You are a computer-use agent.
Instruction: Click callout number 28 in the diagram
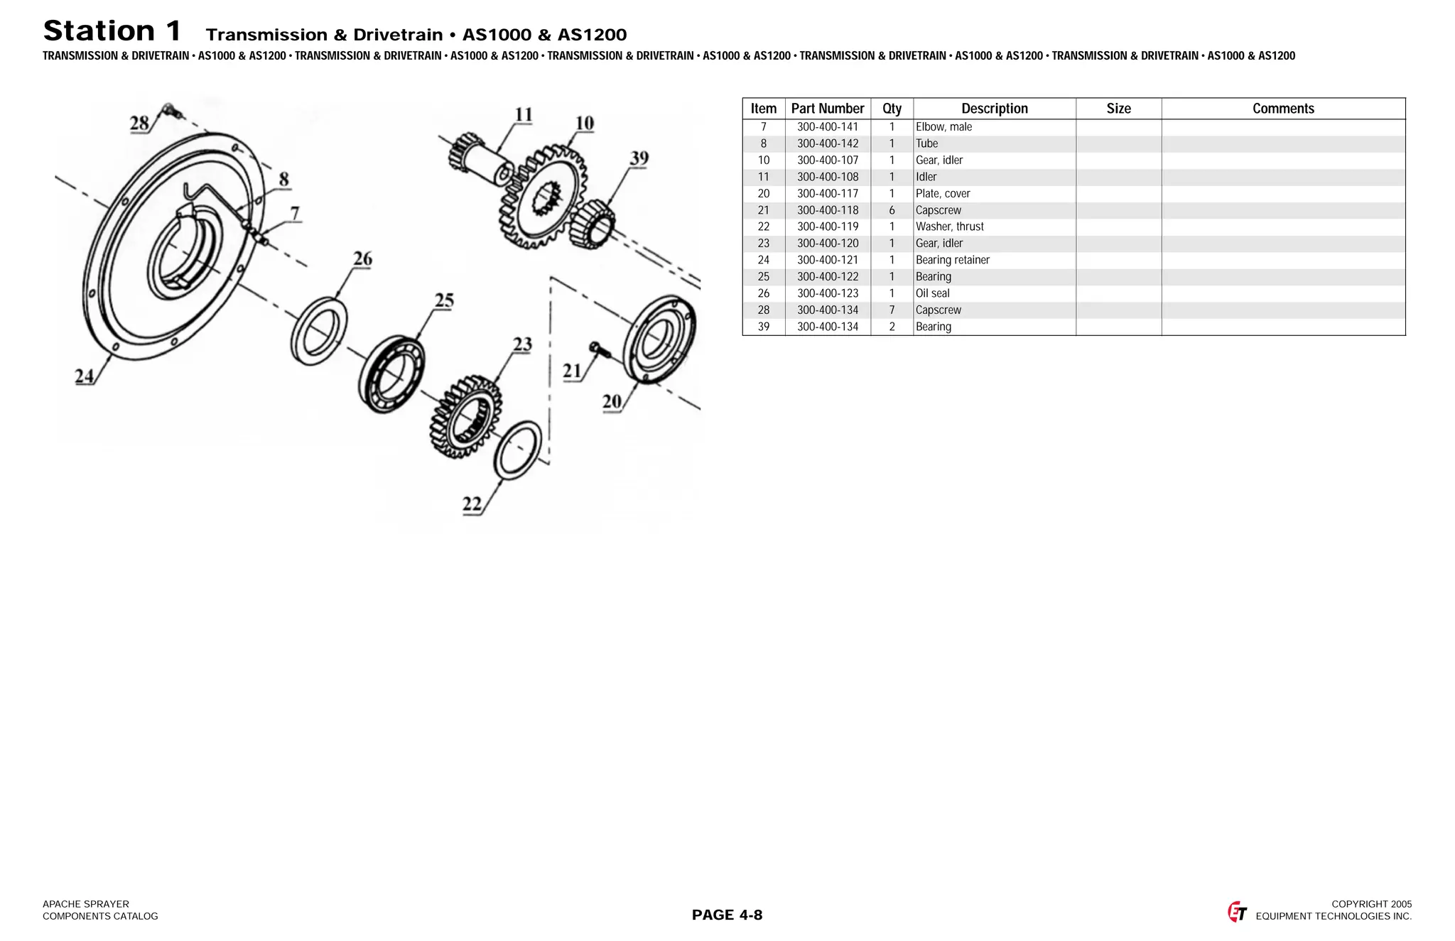point(139,124)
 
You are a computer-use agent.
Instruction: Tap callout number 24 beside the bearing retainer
point(85,376)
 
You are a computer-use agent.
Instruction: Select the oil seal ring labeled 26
point(319,332)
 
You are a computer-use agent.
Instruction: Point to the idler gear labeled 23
point(465,418)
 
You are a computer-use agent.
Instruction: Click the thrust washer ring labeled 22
point(517,450)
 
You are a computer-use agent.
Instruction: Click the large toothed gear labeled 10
point(543,197)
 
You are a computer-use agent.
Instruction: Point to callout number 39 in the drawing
point(639,158)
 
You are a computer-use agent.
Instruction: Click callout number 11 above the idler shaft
point(523,115)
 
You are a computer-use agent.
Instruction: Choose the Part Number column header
point(827,109)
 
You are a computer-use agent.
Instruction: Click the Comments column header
point(1282,109)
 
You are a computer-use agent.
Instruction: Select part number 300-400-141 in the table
point(827,127)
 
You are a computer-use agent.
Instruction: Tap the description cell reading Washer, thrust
point(949,227)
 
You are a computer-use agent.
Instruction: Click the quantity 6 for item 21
point(892,210)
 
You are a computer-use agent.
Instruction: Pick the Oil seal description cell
point(932,293)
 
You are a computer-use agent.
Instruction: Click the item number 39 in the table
point(763,327)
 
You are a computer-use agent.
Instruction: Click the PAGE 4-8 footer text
point(727,915)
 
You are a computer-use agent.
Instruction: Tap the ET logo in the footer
point(1237,912)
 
